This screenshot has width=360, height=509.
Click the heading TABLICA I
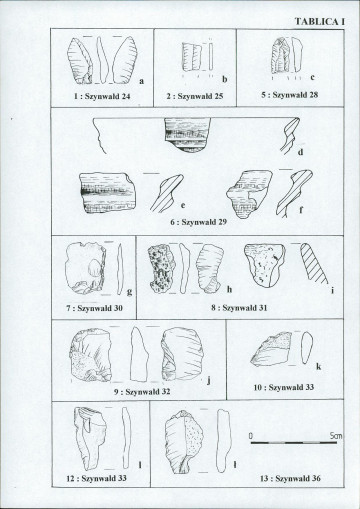pyautogui.click(x=319, y=22)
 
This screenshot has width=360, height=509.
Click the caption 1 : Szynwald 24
pyautogui.click(x=102, y=96)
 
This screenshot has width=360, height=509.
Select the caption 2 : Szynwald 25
pyautogui.click(x=195, y=96)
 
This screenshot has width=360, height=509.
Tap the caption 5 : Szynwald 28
pyautogui.click(x=290, y=95)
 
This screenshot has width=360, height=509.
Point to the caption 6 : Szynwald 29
pyautogui.click(x=199, y=222)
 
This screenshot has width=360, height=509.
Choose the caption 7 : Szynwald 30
pyautogui.click(x=94, y=308)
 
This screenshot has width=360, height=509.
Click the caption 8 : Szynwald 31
pyautogui.click(x=239, y=308)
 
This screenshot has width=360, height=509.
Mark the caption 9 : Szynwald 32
pyautogui.click(x=142, y=392)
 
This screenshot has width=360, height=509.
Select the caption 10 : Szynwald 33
pyautogui.click(x=284, y=387)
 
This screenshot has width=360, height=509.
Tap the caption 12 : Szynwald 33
pyautogui.click(x=97, y=478)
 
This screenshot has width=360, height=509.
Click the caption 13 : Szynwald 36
pyautogui.click(x=290, y=478)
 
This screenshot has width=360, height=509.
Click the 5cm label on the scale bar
pyautogui.click(x=336, y=436)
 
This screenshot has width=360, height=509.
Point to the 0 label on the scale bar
pyautogui.click(x=251, y=436)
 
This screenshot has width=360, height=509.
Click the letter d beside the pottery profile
pyautogui.click(x=300, y=152)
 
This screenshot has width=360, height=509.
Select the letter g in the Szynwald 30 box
pyautogui.click(x=129, y=292)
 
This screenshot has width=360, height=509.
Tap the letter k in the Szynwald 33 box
pyautogui.click(x=319, y=367)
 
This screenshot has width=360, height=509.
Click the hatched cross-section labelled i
pyautogui.click(x=313, y=263)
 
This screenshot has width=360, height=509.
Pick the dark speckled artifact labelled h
pyautogui.click(x=162, y=269)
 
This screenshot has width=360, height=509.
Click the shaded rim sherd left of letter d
pyautogui.click(x=188, y=135)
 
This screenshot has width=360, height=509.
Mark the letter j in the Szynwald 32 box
pyautogui.click(x=209, y=380)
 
